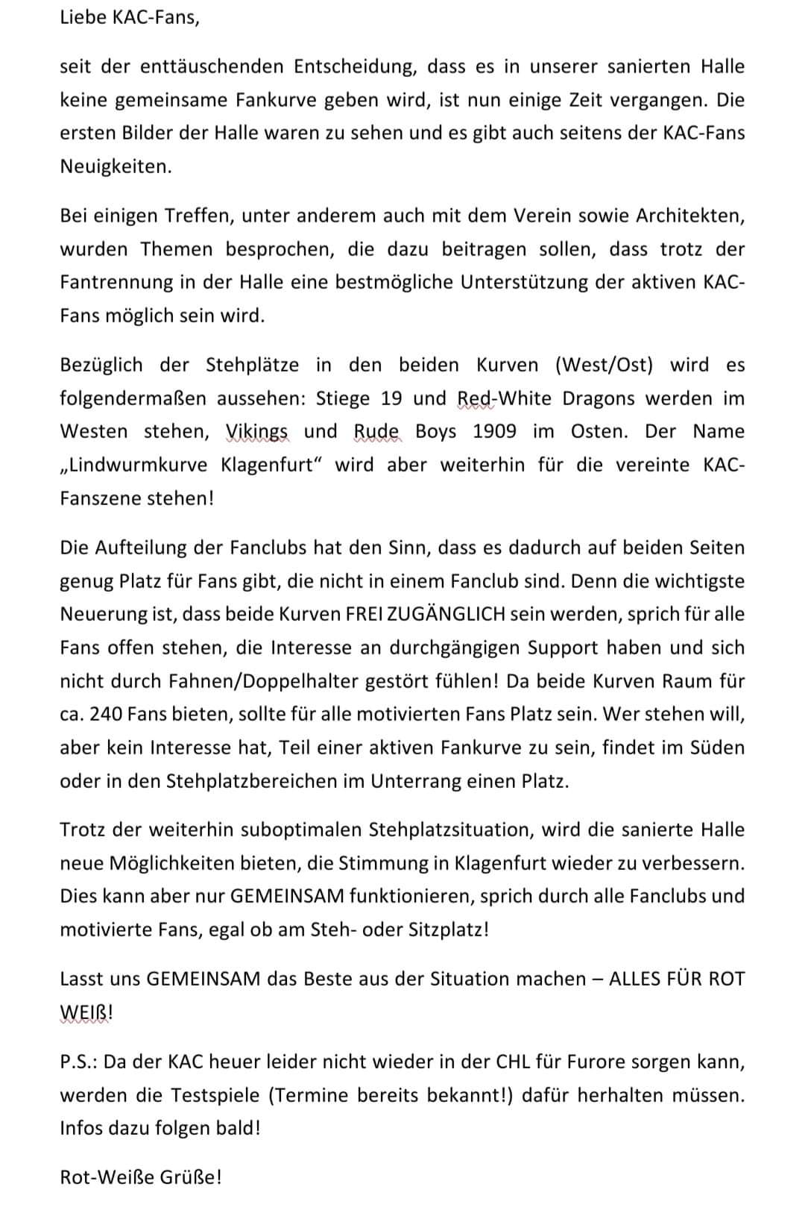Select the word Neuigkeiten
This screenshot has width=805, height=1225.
click(115, 166)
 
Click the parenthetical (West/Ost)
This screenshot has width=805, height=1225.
click(603, 365)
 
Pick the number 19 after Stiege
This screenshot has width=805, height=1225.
click(391, 398)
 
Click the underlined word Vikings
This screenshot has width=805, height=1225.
click(256, 431)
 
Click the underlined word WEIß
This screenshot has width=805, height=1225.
click(83, 1012)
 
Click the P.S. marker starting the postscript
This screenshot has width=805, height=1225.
click(78, 1061)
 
